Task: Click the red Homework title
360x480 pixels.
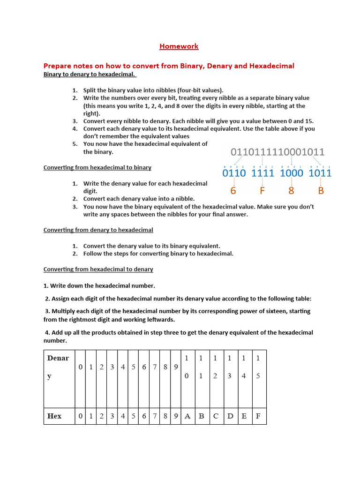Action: click(179, 46)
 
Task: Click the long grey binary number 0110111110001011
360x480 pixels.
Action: click(277, 152)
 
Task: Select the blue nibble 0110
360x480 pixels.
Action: click(234, 173)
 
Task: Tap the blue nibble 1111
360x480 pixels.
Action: click(262, 173)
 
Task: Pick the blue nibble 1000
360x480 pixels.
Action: click(292, 173)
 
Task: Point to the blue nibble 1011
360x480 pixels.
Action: click(320, 173)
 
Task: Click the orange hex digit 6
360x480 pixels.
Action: click(233, 191)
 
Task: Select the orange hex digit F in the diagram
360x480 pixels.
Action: click(262, 191)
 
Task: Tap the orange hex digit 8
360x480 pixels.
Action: click(292, 191)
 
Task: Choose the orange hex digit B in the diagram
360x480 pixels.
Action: click(321, 191)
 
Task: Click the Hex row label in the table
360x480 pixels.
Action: click(54, 416)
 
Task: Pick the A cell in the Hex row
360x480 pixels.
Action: click(187, 416)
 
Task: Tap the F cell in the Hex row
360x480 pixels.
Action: click(258, 416)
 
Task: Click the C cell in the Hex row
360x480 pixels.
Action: click(215, 416)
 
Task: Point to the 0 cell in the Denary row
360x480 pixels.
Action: click(81, 367)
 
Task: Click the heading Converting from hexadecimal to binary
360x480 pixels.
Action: click(97, 167)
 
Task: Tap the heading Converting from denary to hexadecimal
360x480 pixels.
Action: click(98, 230)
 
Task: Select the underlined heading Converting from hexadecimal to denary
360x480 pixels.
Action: click(98, 270)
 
